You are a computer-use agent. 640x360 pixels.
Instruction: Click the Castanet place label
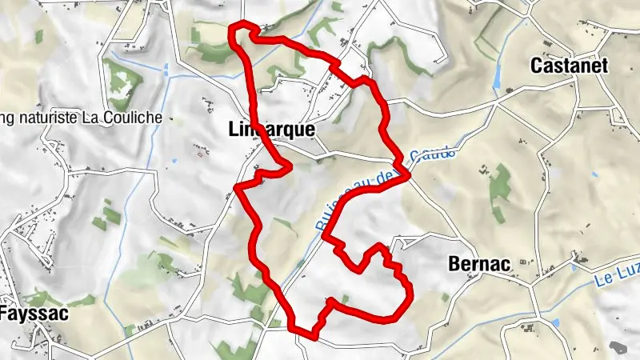click(569, 66)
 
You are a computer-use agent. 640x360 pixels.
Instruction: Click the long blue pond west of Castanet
click(500, 76)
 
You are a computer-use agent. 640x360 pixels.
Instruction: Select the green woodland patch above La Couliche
click(122, 82)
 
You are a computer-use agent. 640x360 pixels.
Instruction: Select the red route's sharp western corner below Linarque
click(237, 188)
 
